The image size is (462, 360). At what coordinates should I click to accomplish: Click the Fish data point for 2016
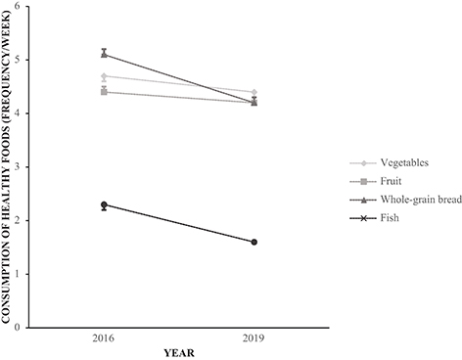pyautogui.click(x=105, y=204)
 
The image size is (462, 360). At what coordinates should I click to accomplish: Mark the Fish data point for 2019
pyautogui.click(x=254, y=242)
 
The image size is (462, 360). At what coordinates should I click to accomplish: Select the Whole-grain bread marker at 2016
pyautogui.click(x=105, y=54)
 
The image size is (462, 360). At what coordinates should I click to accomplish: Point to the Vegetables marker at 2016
pyautogui.click(x=105, y=75)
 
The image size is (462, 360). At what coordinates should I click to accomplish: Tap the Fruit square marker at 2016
pyautogui.click(x=105, y=91)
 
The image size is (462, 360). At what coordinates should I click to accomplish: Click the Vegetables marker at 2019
pyautogui.click(x=254, y=92)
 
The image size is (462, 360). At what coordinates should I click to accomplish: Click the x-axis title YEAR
pyautogui.click(x=179, y=353)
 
